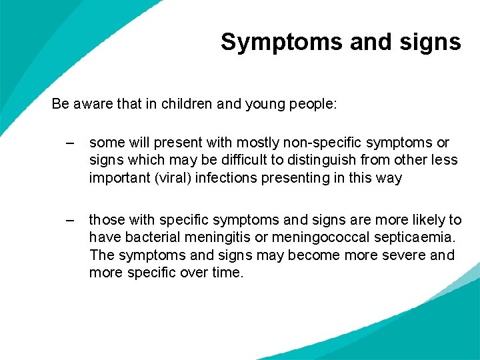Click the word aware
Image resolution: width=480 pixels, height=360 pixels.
(91, 104)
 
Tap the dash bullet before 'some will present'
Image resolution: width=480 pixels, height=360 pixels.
(70, 143)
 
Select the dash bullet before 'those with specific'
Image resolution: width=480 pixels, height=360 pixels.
(70, 220)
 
